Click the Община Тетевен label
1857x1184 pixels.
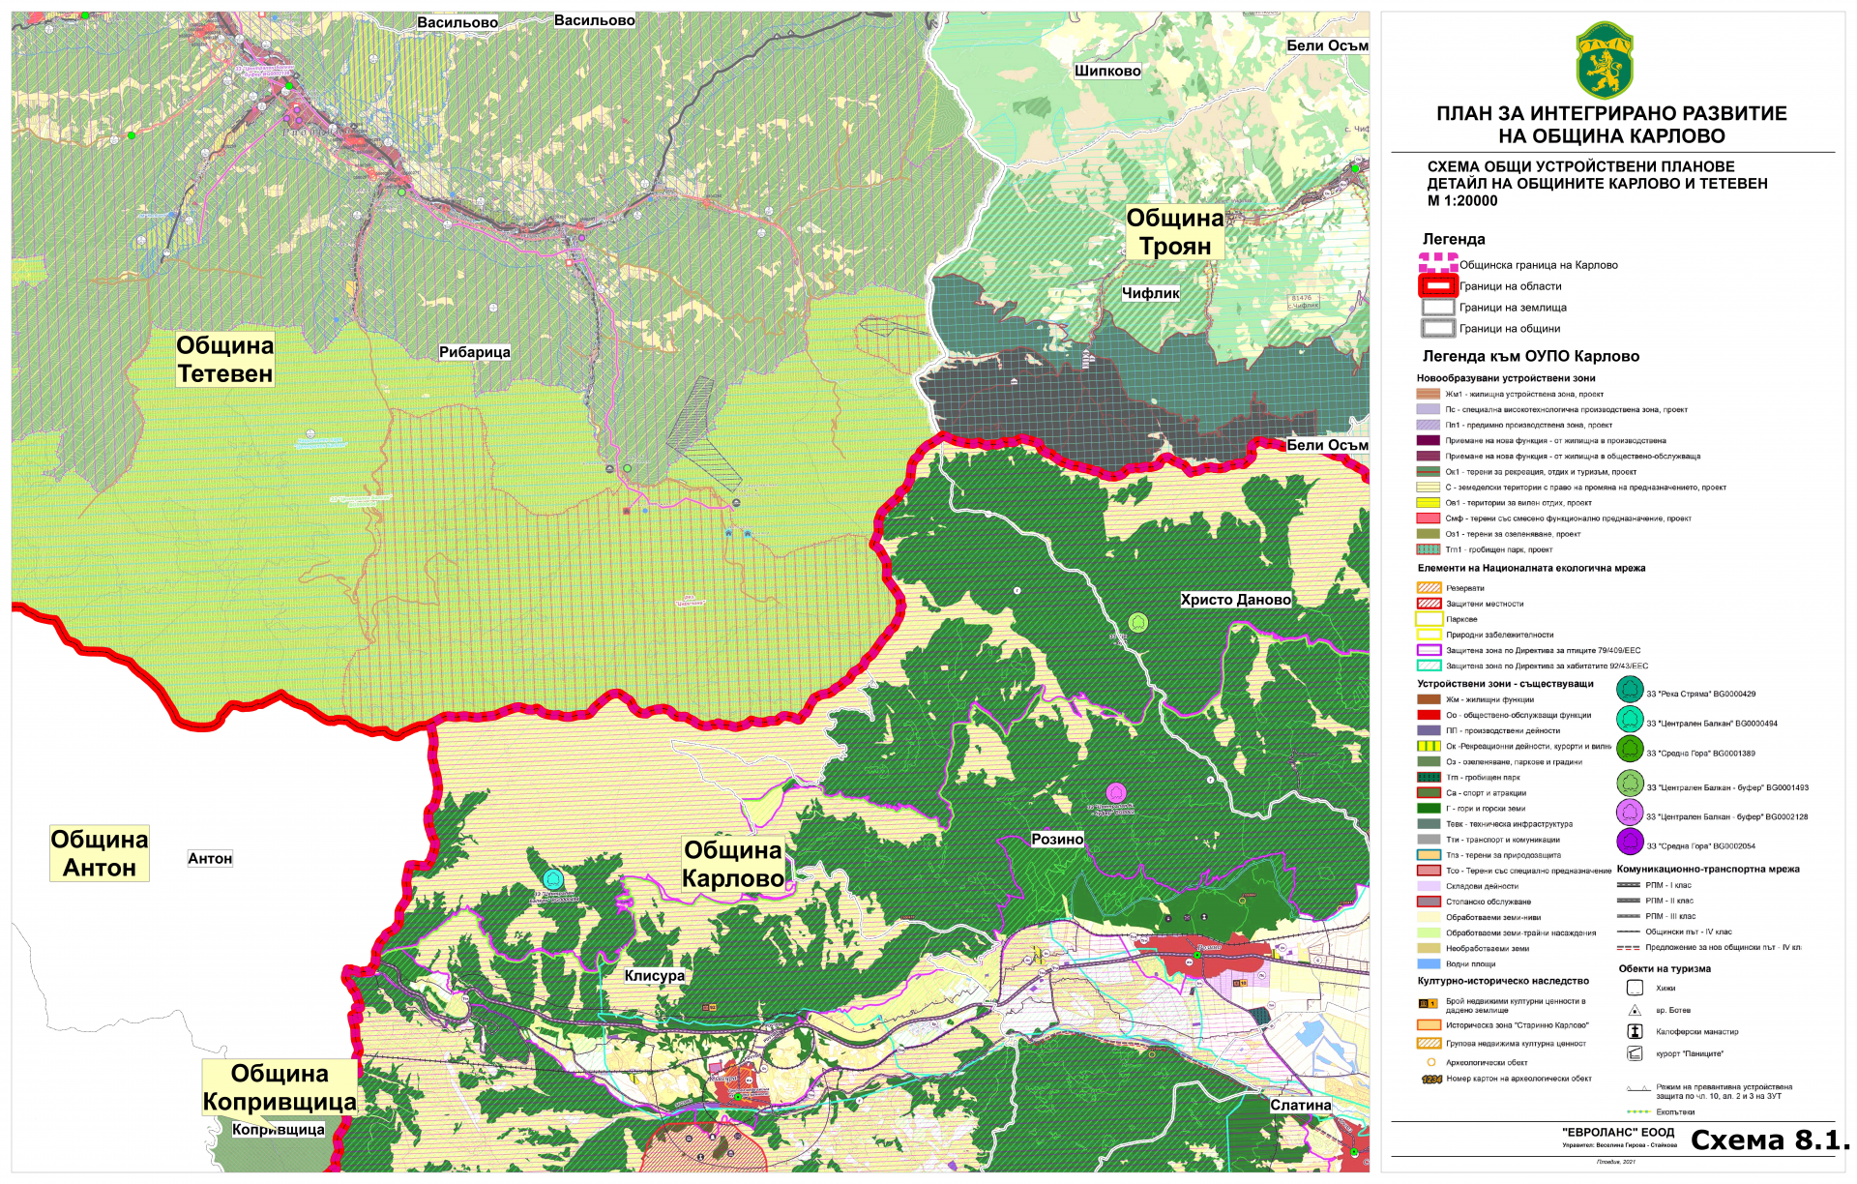point(224,360)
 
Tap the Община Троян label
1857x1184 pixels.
point(1174,232)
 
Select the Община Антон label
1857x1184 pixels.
point(100,853)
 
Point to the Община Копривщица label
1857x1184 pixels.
point(280,1087)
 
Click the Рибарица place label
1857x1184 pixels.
point(474,352)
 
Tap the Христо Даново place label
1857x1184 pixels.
point(1235,600)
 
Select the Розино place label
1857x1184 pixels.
point(1056,839)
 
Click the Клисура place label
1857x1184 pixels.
point(654,975)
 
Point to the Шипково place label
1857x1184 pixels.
point(1107,71)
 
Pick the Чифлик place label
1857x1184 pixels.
point(1150,293)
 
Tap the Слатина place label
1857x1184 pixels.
point(1300,1105)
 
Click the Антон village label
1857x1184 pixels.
point(210,858)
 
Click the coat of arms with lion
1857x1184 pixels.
point(1605,60)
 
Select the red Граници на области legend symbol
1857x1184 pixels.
point(1437,286)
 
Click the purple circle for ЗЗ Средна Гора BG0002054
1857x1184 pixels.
point(1630,843)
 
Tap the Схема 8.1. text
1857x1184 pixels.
point(1769,1140)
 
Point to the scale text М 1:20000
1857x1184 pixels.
point(1461,201)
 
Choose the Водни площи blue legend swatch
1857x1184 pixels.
point(1429,963)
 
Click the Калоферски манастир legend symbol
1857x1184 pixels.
point(1635,1031)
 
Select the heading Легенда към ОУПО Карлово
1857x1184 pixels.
point(1530,356)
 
